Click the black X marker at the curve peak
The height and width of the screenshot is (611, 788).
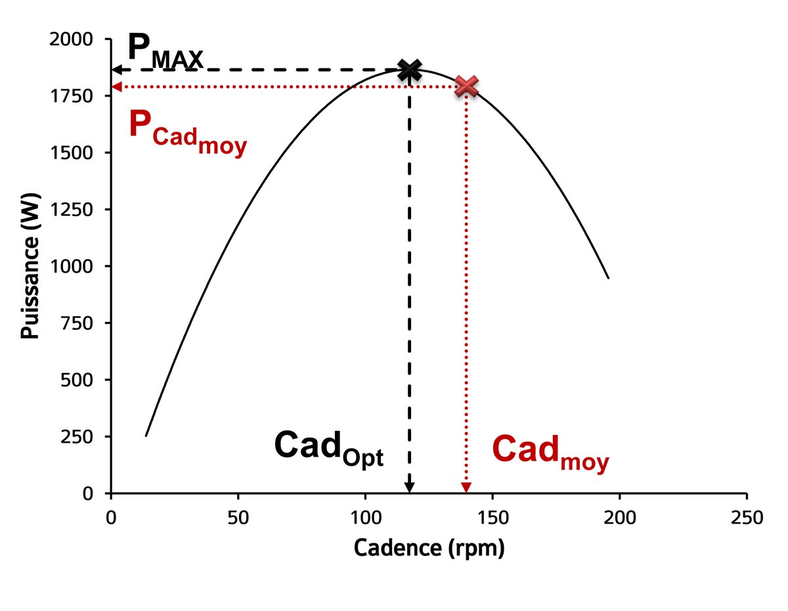click(410, 69)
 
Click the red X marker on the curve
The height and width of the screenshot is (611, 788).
click(466, 85)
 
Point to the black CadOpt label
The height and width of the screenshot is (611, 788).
click(328, 448)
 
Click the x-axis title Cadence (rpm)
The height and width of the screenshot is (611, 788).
click(429, 548)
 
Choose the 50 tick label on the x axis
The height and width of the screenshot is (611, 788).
click(238, 518)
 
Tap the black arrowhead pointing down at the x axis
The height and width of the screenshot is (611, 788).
click(409, 487)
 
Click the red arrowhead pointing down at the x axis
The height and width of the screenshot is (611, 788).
click(466, 487)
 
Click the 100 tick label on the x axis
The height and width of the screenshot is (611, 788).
click(365, 518)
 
